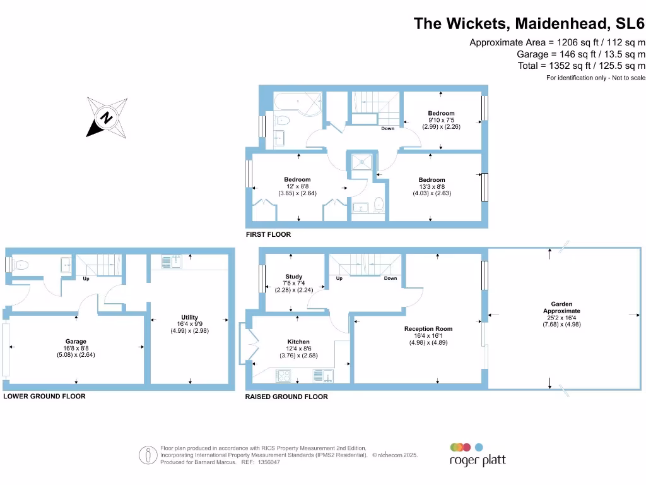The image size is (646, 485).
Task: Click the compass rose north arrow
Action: point(107,117)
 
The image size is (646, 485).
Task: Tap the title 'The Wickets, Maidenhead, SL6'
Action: point(529,24)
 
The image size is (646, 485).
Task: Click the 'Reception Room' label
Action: point(428,329)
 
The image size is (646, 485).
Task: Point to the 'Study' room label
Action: point(293,277)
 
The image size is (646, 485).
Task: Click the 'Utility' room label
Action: point(189,318)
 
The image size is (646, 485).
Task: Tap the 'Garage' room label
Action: point(76,342)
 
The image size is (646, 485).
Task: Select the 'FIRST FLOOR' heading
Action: point(268,234)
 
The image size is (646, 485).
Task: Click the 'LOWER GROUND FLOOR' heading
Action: point(44,396)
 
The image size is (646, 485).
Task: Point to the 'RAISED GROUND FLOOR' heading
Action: point(286,397)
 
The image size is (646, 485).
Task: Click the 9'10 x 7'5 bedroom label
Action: point(441,120)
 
